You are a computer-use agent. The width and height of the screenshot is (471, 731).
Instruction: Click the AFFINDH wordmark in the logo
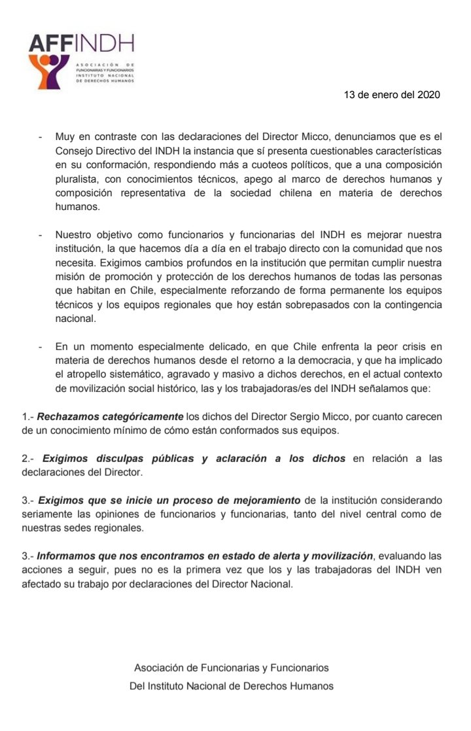click(x=81, y=43)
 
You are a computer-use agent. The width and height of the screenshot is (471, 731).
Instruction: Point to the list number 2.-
click(x=29, y=459)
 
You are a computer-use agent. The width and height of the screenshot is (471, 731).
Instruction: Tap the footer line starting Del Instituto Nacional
click(x=232, y=686)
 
